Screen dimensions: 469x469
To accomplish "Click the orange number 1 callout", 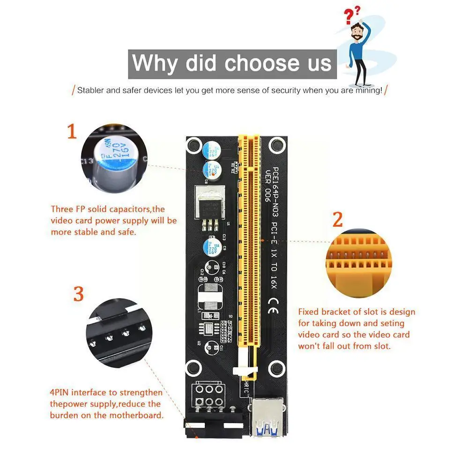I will (x=72, y=132).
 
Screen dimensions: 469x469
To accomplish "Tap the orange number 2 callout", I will (x=338, y=220).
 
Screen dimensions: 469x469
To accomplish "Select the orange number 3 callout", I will (x=78, y=294).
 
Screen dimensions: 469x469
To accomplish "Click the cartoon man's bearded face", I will (x=357, y=32).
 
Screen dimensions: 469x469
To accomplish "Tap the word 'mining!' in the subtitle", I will (x=368, y=90).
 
